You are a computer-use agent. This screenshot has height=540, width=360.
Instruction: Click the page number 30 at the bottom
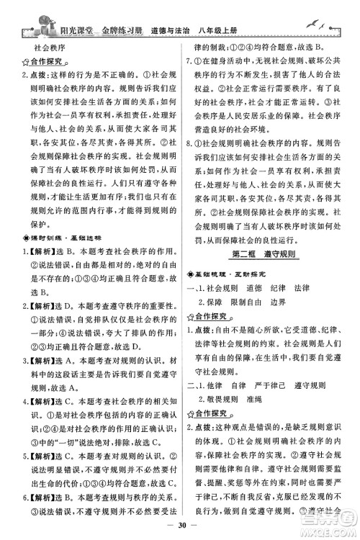pyautogui.click(x=180, y=526)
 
